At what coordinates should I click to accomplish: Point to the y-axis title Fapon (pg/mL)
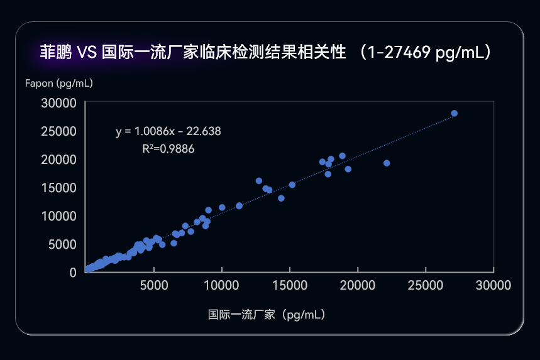pos(59,83)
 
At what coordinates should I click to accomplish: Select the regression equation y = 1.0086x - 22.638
pos(168,131)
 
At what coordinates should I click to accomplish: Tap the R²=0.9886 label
pos(168,149)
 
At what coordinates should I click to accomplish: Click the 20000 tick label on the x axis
pos(358,285)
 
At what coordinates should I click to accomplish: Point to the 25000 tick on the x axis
pos(426,285)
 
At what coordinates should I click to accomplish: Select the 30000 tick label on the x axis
pos(493,285)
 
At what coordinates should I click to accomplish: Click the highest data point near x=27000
pos(455,114)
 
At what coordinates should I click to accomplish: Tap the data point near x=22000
pos(387,163)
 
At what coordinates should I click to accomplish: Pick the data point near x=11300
pos(239,205)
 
